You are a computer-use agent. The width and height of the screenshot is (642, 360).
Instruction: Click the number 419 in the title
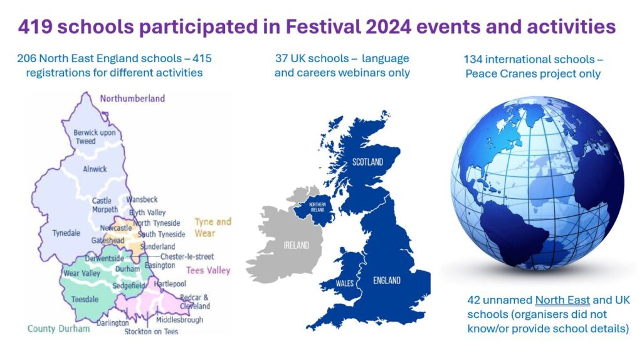(x=34, y=27)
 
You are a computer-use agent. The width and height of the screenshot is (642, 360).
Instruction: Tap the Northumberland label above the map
(x=132, y=98)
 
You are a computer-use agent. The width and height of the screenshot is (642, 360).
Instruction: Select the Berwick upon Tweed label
(x=94, y=137)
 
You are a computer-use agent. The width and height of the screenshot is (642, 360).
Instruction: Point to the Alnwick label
(x=95, y=169)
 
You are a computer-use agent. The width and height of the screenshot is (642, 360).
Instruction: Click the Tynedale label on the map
(x=66, y=233)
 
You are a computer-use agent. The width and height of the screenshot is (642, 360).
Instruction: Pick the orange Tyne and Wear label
(x=213, y=227)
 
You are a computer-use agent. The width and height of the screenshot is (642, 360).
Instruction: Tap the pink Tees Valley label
(x=208, y=270)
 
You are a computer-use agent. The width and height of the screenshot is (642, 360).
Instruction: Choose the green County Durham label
(x=58, y=329)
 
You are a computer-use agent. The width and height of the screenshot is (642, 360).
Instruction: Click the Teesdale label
(x=85, y=299)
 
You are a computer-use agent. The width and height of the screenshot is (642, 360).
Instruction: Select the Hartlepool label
(x=170, y=284)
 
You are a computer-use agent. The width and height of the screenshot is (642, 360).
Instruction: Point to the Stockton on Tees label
(x=151, y=331)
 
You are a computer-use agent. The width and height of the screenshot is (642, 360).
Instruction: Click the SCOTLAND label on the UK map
(x=367, y=162)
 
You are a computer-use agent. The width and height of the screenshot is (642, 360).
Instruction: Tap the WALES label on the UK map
(x=345, y=283)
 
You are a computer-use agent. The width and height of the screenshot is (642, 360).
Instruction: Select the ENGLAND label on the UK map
(x=386, y=280)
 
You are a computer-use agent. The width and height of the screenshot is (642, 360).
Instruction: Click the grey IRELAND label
(x=297, y=245)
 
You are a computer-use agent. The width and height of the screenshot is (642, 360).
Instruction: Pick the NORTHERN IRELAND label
(x=317, y=207)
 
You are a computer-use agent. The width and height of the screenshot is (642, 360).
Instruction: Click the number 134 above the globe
(x=473, y=60)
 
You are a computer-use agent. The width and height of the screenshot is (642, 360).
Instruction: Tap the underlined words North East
(x=562, y=300)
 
